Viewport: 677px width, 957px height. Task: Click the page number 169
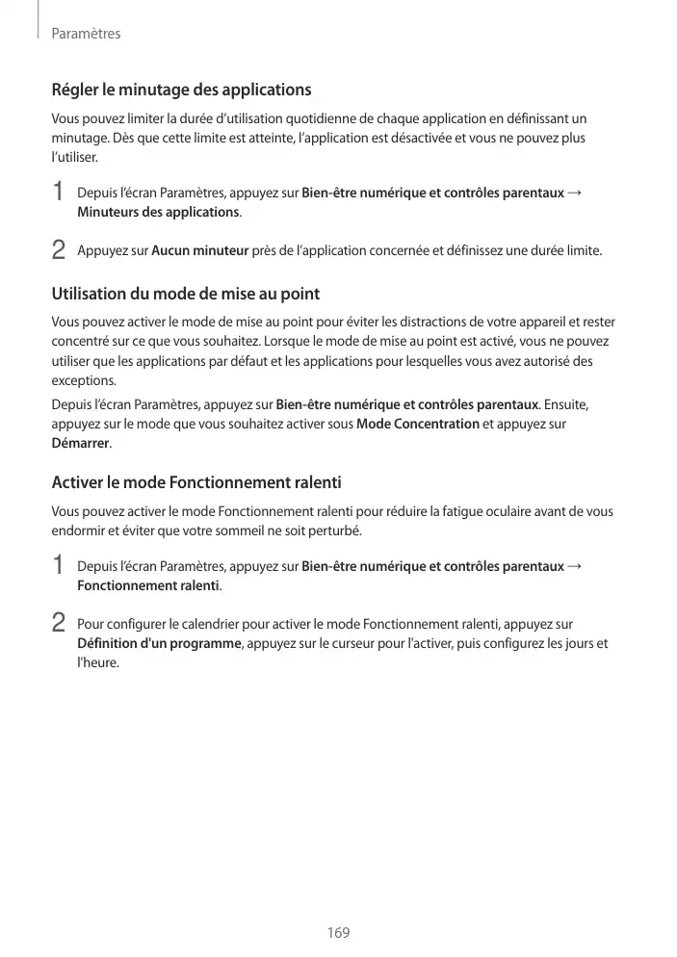click(338, 933)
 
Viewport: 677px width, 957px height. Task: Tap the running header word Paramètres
click(86, 34)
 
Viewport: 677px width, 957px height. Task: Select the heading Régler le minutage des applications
click(181, 91)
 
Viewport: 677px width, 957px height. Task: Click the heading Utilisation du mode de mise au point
click(185, 294)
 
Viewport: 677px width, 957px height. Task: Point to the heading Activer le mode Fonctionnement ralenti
click(196, 481)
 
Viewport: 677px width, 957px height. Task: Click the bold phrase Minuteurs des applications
click(158, 211)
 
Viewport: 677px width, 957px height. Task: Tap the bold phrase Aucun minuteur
click(200, 251)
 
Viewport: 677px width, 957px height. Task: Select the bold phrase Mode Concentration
click(418, 424)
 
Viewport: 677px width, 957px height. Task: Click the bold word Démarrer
click(80, 444)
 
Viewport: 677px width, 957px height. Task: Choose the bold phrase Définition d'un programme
click(159, 643)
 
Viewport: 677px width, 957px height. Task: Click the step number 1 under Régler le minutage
click(59, 193)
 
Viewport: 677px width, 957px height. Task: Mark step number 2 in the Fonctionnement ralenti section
click(59, 624)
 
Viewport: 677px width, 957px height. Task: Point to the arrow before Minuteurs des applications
click(575, 192)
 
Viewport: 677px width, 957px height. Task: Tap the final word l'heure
click(98, 662)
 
